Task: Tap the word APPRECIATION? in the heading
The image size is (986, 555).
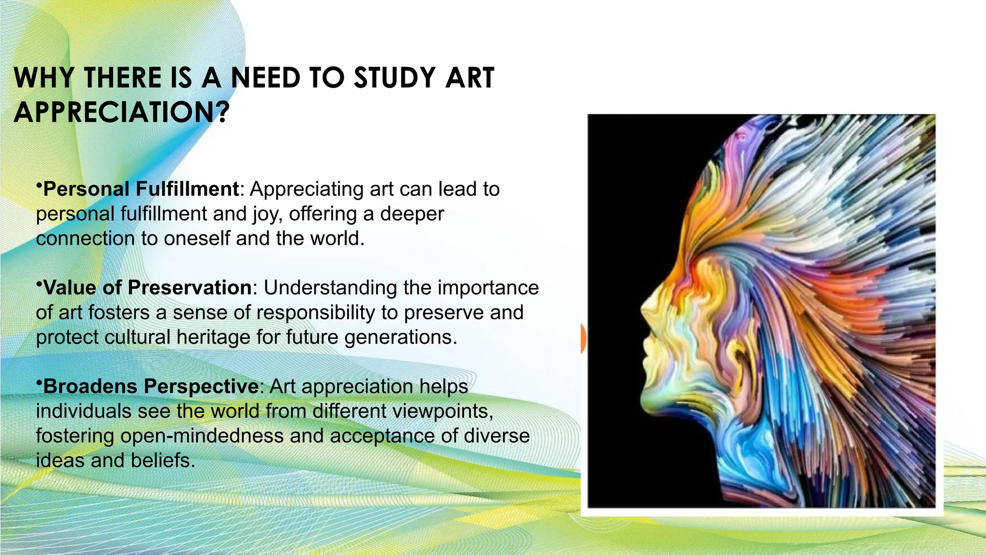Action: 121,112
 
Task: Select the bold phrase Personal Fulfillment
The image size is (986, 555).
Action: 141,189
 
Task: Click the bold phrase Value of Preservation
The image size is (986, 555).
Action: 147,288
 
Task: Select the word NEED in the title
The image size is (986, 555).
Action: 266,78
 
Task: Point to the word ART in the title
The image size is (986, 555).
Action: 469,78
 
